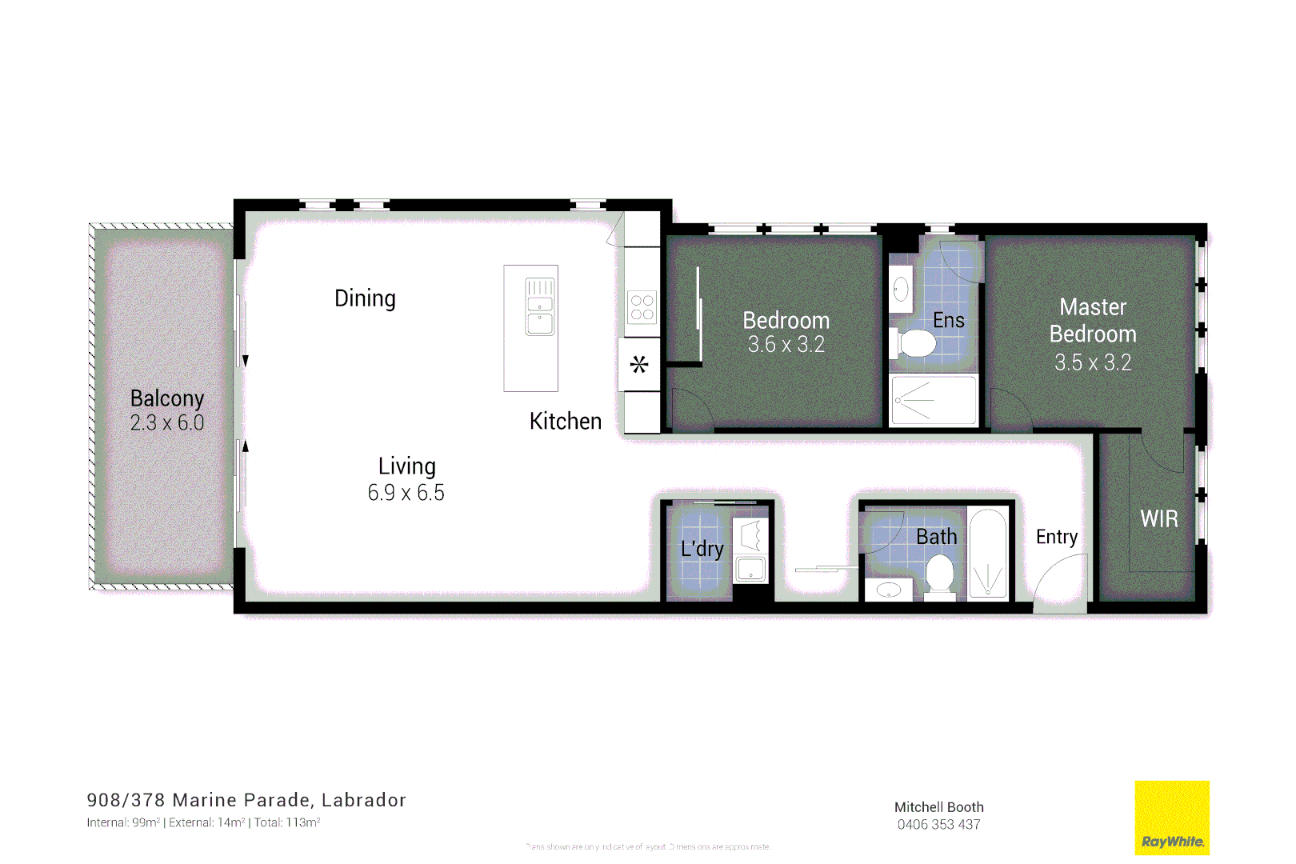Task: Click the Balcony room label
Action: coord(167,398)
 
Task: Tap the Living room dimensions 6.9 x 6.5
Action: coord(406,493)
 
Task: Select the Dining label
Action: coord(365,298)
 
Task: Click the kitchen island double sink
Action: coord(540,306)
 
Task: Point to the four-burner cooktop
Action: coord(642,307)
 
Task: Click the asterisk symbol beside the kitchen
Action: coord(639,366)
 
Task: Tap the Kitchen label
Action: coord(566,422)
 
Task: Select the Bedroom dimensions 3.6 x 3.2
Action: coord(786,345)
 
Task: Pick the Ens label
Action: coord(949,321)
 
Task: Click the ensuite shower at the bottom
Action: coord(933,400)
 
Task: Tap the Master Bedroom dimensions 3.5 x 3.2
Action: coord(1093,362)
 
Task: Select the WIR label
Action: coord(1159,519)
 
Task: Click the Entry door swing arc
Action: coord(1058,584)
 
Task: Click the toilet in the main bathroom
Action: coord(940,574)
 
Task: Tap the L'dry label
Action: coord(702,549)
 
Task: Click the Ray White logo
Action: coord(1172,818)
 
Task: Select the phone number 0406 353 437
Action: coord(938,825)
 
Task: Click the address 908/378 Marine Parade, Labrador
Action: coord(246,800)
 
